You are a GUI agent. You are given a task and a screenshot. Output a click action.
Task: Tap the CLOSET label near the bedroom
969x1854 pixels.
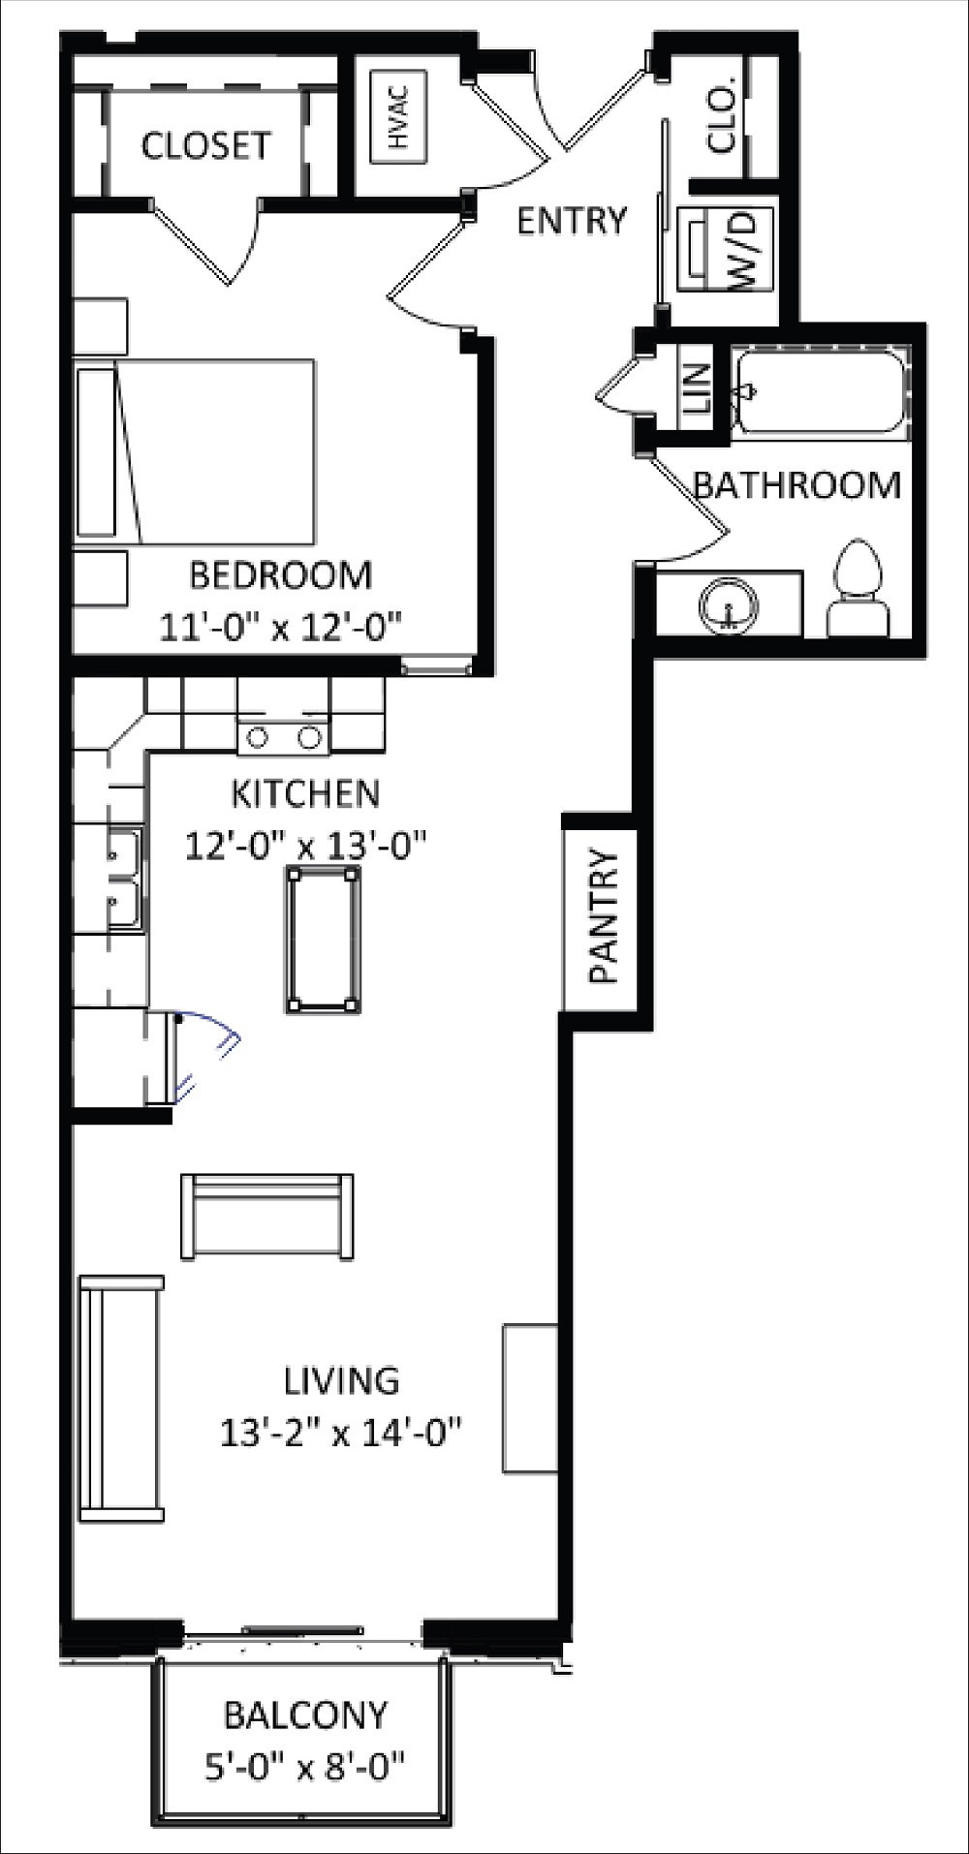[x=205, y=145]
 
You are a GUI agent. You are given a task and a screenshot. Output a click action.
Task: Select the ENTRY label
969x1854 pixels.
[x=572, y=221]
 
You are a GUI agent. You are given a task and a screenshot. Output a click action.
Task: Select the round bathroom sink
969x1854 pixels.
[x=727, y=606]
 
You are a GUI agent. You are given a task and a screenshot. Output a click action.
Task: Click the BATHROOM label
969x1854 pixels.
[x=797, y=484]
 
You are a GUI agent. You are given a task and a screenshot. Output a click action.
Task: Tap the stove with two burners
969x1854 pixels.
[x=283, y=737]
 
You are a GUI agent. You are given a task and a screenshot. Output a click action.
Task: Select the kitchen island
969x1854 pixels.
[x=322, y=939]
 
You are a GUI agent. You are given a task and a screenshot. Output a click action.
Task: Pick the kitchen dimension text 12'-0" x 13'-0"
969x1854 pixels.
[x=306, y=844]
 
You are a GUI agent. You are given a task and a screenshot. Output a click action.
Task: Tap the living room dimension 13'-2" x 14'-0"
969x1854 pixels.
[x=340, y=1431]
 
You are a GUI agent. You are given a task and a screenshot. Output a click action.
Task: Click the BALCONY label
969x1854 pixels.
[x=305, y=1715]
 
